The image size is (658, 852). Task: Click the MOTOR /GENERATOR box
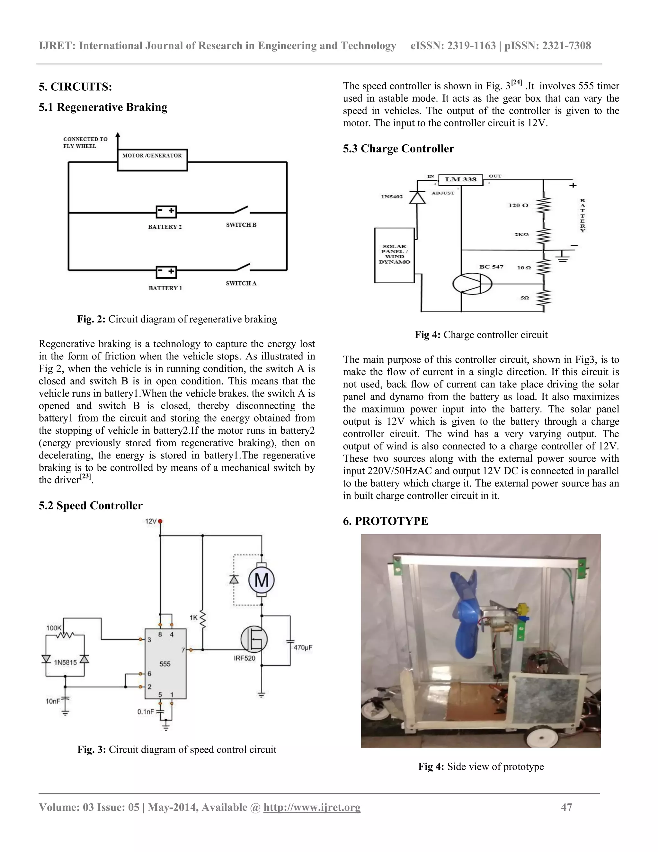point(152,159)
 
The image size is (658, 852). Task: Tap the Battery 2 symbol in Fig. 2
point(166,212)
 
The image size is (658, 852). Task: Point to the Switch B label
point(241,225)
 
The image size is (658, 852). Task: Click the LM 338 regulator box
point(461,179)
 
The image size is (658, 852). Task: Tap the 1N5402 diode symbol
point(417,197)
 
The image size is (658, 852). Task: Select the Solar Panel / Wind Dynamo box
point(394,255)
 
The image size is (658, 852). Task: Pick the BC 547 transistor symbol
point(472,284)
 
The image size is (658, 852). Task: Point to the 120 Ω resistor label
point(519,205)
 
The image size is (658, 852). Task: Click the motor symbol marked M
point(262,580)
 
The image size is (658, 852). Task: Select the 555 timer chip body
point(165,664)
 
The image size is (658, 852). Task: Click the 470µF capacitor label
point(303,648)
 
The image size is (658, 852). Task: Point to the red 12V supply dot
point(160,521)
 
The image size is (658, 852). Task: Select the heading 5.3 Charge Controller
point(398,149)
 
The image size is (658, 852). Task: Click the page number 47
point(566,807)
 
